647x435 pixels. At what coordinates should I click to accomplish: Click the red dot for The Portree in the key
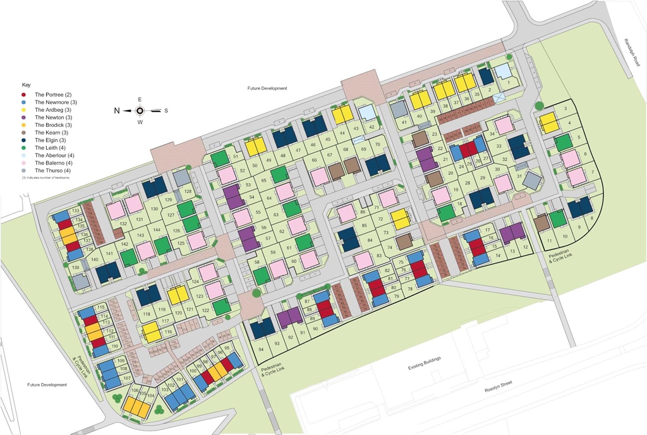click(23, 95)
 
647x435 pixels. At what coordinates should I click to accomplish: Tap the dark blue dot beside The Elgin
click(23, 140)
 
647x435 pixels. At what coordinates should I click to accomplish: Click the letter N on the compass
click(117, 110)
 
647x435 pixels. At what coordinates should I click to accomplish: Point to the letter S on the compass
click(166, 110)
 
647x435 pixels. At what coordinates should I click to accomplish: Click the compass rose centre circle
click(140, 110)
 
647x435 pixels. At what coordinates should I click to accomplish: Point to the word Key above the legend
click(26, 85)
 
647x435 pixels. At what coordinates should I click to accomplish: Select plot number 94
click(261, 349)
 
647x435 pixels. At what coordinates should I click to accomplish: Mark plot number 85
click(363, 225)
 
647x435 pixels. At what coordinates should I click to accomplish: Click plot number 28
click(468, 183)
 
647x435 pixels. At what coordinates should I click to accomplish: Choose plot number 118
click(147, 314)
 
